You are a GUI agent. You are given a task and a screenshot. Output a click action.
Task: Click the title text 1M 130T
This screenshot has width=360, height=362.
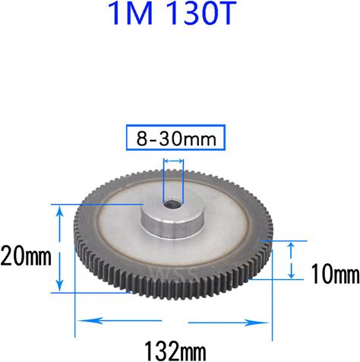click(172, 13)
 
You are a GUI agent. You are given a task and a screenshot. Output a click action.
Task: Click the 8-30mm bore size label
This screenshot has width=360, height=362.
click(176, 138)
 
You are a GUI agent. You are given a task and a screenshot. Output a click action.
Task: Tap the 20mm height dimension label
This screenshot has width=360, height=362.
click(26, 256)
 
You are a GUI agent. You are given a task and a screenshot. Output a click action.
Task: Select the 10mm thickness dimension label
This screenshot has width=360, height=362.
click(335, 274)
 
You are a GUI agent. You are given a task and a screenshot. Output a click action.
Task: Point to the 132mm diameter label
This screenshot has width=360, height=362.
click(175, 351)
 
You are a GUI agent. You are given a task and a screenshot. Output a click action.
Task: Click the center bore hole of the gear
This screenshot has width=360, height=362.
click(172, 204)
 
